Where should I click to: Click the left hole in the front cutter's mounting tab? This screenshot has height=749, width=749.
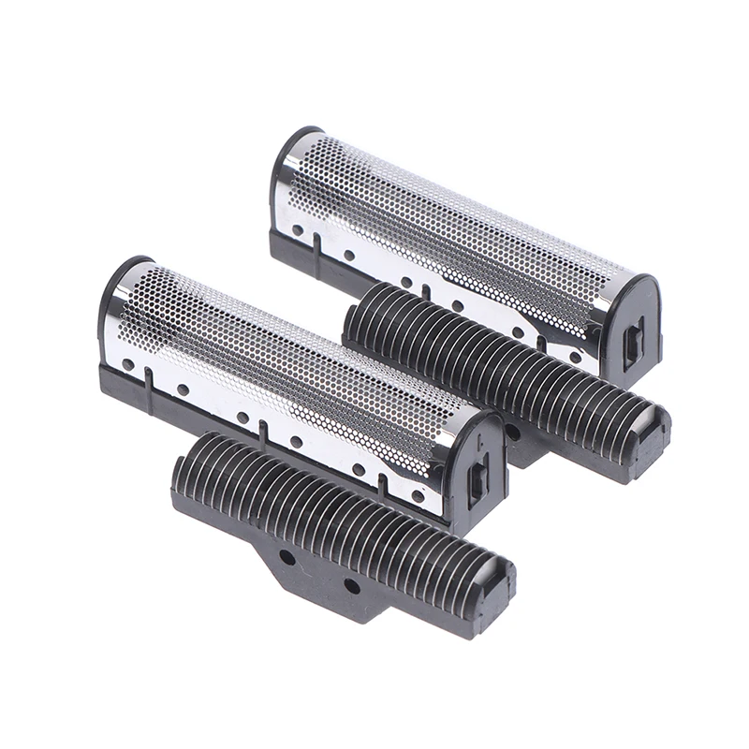click(287, 556)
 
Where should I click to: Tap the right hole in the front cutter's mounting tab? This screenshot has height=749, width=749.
click(351, 585)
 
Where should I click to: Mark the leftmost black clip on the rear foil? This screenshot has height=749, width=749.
click(319, 244)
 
